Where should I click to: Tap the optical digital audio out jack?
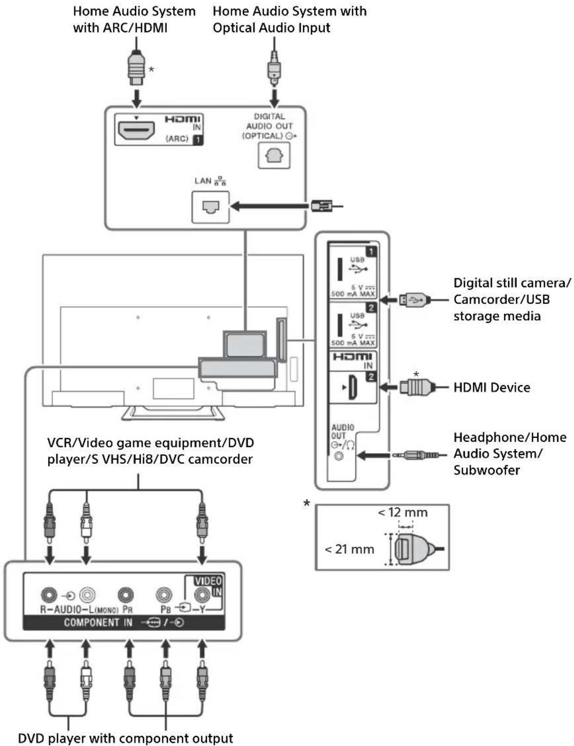click(274, 156)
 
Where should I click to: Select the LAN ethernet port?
click(210, 207)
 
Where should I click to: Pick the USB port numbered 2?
click(340, 325)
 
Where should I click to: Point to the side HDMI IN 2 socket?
click(352, 387)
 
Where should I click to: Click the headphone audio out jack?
click(339, 456)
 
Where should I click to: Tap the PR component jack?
click(126, 595)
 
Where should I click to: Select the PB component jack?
click(164, 595)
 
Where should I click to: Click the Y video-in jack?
click(202, 595)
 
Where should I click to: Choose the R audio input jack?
click(49, 595)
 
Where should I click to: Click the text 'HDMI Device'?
click(492, 388)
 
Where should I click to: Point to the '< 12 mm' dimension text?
click(403, 512)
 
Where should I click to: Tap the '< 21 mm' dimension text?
click(349, 549)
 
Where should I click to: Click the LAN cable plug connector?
click(321, 206)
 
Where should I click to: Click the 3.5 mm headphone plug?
click(416, 455)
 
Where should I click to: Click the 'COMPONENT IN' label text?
click(98, 622)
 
